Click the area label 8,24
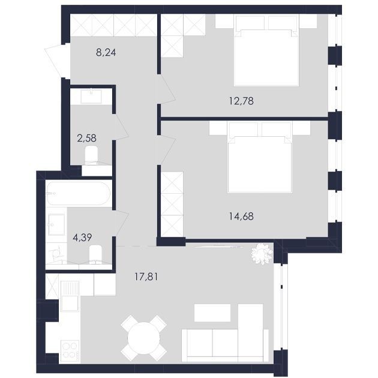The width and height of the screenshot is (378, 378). (106, 52)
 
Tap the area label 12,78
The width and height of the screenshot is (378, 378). (241, 101)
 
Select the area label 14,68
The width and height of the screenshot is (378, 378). (241, 216)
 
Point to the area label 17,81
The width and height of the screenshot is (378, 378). (146, 277)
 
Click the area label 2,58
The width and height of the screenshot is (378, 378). (86, 138)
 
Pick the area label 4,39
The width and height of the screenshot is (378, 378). (82, 238)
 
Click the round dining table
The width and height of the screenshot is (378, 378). (143, 338)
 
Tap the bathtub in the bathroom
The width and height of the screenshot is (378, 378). (79, 194)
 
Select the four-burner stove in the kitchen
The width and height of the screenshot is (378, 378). (70, 350)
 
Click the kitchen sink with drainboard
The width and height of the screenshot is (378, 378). (70, 296)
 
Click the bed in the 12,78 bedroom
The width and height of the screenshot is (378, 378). (266, 50)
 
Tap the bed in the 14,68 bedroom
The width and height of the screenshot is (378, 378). (260, 157)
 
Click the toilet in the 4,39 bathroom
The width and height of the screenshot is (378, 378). (95, 254)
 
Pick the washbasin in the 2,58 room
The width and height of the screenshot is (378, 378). (91, 96)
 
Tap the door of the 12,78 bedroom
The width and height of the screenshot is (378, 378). (167, 89)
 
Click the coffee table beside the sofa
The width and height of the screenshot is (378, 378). (212, 313)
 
